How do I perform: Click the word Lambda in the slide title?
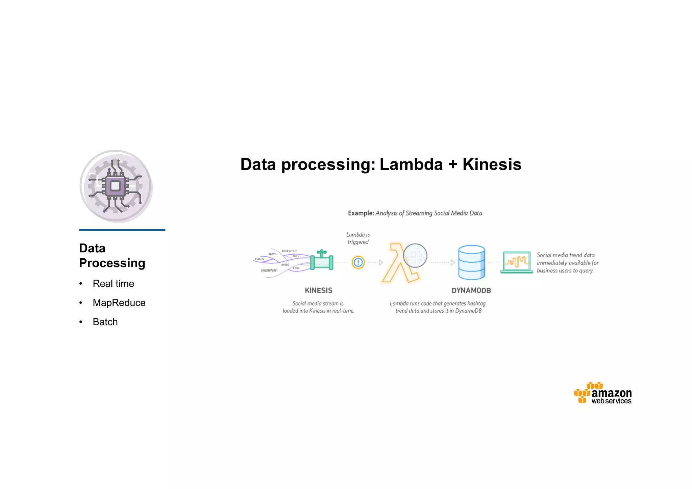coord(411,164)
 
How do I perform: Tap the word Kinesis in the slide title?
coord(492,164)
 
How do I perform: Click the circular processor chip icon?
coord(116,186)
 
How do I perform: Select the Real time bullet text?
coord(113,284)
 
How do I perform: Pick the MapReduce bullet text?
coord(119,303)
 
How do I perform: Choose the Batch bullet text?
coord(105,322)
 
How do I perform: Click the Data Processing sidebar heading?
coord(112,256)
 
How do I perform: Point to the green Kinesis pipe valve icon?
coord(322,261)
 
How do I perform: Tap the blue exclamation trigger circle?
coord(358,262)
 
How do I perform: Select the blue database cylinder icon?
coord(471,262)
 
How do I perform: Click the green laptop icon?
coord(516,262)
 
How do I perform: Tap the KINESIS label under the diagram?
coord(318,290)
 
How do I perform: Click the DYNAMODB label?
coord(471,290)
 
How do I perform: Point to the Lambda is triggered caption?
coord(358,238)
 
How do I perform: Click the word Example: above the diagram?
coord(361,213)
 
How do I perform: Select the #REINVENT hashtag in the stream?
coord(269,271)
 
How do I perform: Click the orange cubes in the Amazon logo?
coord(585,392)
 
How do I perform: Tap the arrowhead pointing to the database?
coord(452,262)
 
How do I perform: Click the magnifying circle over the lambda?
coord(415,255)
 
